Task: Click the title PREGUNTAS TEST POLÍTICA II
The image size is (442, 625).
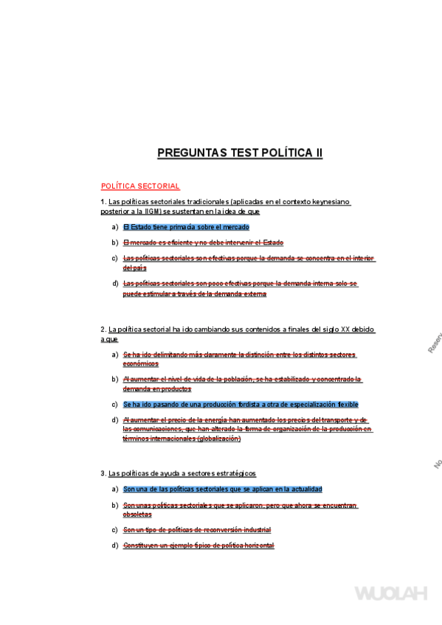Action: tap(240, 153)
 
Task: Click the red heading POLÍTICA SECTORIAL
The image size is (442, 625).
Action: tap(140, 186)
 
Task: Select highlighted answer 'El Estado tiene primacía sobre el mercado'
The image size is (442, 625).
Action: tap(186, 227)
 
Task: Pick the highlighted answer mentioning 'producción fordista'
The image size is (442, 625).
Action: tap(241, 405)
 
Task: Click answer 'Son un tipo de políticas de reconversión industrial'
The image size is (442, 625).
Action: tap(196, 530)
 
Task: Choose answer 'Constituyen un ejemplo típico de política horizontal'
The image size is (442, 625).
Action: tap(198, 545)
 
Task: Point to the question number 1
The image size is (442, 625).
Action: tap(103, 202)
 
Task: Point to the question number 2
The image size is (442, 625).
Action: tap(103, 329)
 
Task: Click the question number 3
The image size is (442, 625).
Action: tap(103, 473)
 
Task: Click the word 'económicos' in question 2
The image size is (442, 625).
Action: tap(140, 363)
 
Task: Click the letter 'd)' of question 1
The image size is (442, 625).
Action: tap(115, 284)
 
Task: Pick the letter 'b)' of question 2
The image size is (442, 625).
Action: tap(115, 380)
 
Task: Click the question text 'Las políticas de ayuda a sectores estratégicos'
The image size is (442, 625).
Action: tap(182, 473)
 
